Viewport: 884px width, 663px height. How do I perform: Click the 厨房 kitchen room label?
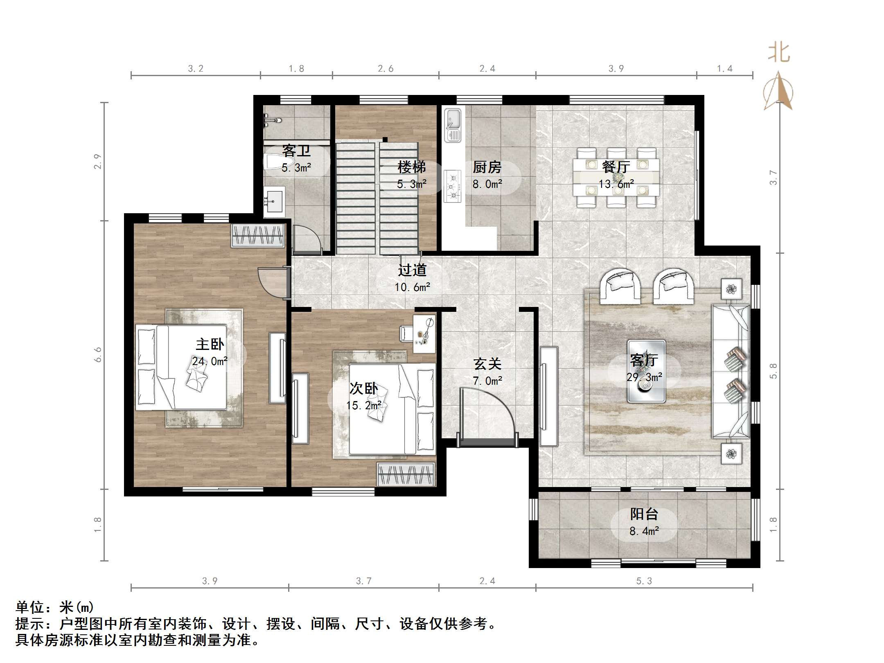coord(487,167)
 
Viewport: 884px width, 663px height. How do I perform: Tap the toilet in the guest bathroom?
coord(273,162)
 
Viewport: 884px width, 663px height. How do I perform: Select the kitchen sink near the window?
coord(453,125)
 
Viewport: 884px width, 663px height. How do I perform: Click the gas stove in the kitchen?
coord(453,186)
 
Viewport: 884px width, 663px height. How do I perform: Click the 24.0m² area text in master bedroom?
coord(210,361)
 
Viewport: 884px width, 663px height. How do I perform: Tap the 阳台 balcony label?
coord(644,514)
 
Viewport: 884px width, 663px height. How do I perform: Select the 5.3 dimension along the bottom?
coord(644,581)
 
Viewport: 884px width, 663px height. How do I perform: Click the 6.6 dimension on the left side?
coord(97,354)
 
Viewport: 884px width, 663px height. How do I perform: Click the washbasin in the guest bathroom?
coord(274,202)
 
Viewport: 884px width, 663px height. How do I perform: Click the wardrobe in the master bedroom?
coord(258,236)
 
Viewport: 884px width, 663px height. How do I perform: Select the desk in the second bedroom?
coord(424,334)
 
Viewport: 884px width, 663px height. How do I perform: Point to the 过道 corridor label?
coord(412,270)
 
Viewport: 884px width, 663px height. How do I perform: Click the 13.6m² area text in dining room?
coord(616,184)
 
